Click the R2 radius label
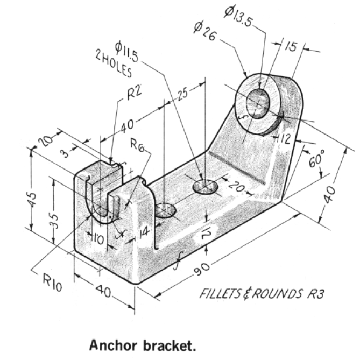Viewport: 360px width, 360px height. coord(135,93)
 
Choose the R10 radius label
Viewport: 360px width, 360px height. coord(52,281)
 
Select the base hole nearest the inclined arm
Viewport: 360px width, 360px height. coord(205,187)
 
